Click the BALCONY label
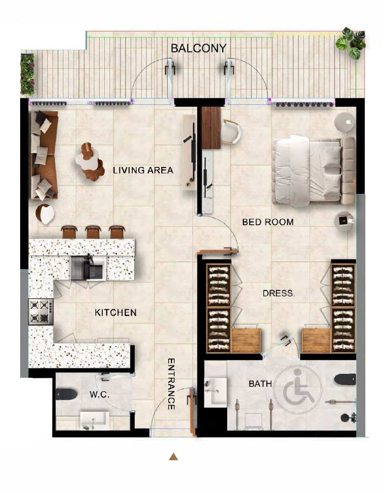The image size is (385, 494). [x=199, y=48]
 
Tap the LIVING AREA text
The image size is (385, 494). [x=143, y=170]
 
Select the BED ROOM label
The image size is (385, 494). [x=267, y=222]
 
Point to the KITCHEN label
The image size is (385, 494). [x=116, y=313]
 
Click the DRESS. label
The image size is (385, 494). [x=279, y=294]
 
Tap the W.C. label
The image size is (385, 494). [x=99, y=395]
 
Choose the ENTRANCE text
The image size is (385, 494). [x=171, y=384]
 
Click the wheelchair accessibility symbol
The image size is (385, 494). [x=297, y=390]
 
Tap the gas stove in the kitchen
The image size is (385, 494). [x=41, y=312]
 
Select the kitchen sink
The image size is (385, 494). [x=88, y=268]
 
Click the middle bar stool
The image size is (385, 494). [x=93, y=232]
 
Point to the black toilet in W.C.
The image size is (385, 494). [x=66, y=394]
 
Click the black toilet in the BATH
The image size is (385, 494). [x=345, y=379]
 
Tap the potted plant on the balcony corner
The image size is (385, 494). [x=351, y=43]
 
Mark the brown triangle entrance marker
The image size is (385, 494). [x=173, y=457]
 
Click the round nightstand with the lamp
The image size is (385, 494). [x=344, y=122]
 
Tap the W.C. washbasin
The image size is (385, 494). [x=94, y=421]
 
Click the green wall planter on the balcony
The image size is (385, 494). [x=28, y=75]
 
